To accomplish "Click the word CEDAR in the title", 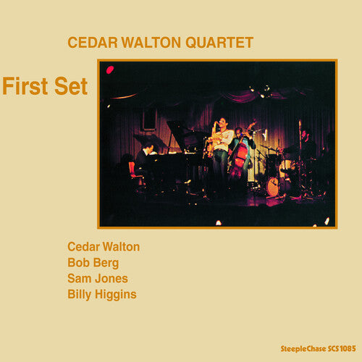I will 89,43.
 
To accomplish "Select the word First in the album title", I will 28,87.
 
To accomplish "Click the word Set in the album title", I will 71,87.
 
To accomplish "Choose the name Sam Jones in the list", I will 97,278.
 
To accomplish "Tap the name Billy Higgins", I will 102,294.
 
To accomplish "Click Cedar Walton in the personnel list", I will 104,247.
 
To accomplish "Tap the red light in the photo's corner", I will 110,70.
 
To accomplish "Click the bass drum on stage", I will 274,185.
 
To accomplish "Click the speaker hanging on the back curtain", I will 148,119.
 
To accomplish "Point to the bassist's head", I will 239,132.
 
